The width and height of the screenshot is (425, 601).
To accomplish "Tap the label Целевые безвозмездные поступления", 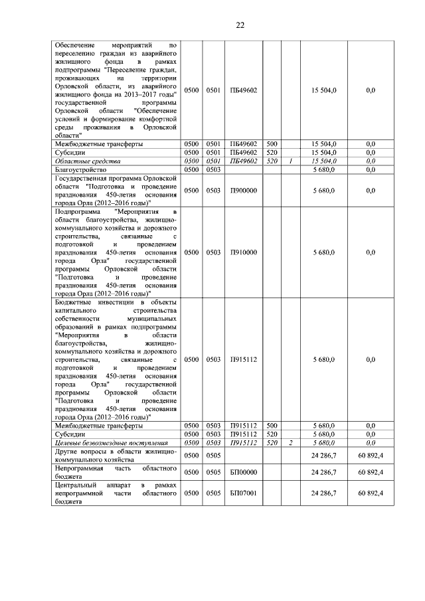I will click(100, 442).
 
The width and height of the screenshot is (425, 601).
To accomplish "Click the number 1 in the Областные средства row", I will click(291, 161).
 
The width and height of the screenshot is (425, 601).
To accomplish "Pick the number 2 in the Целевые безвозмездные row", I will click(291, 442).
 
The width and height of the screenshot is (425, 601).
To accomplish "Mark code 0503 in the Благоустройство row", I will click(213, 169).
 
